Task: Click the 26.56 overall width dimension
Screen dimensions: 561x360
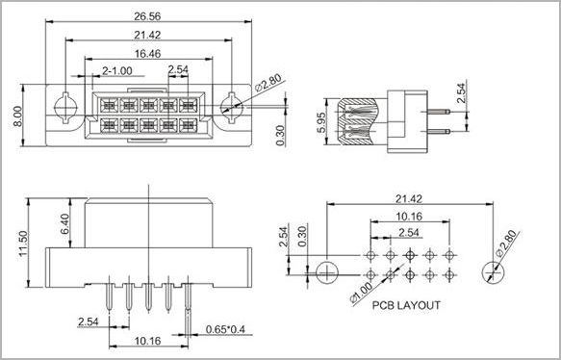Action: pos(147,16)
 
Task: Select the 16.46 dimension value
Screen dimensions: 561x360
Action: pos(148,54)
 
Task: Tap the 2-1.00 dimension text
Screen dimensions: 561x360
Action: pos(117,71)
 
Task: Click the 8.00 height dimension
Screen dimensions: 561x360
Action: pos(17,116)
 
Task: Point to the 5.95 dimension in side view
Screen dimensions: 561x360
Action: pos(321,122)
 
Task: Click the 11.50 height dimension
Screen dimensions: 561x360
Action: pos(23,244)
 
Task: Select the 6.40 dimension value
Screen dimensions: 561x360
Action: pos(65,224)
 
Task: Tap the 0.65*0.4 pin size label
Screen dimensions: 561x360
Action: pos(225,329)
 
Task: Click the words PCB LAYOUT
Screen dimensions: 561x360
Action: pos(406,305)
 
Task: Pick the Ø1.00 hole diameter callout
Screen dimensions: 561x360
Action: pos(362,293)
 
